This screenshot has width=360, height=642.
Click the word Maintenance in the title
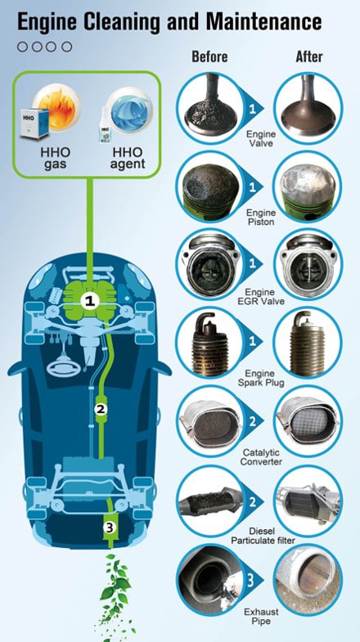coord(263,22)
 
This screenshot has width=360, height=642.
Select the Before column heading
coord(209,56)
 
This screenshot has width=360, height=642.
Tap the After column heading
coord(309,56)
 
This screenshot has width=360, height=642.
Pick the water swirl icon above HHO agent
coord(129,106)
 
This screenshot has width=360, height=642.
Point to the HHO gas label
coord(56,159)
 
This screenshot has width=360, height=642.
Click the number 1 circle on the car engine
coord(90,302)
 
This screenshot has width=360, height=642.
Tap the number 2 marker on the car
coord(101,409)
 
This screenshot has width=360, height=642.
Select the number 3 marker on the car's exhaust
coord(109,528)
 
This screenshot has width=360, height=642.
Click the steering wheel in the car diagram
coord(61,368)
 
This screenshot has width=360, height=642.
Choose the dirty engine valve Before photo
coord(210,108)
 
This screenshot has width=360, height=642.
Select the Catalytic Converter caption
coord(261,457)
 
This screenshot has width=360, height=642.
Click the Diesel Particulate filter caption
coord(263,536)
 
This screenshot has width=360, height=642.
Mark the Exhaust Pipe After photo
coord(308,579)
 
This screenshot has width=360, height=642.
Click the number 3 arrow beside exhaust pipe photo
coord(250,580)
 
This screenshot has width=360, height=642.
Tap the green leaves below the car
coord(115,594)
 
